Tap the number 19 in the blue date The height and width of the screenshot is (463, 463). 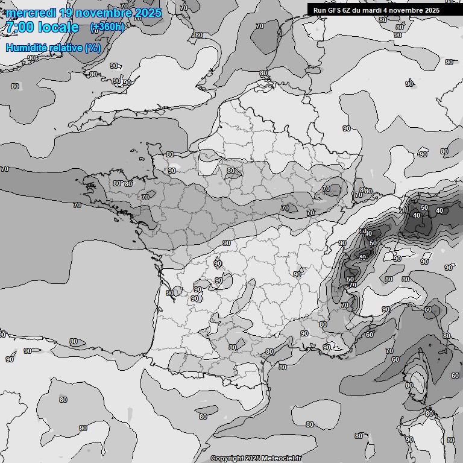tap(68, 13)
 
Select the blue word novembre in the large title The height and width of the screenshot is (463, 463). tap(106, 13)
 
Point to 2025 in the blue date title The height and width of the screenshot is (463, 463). tap(147, 13)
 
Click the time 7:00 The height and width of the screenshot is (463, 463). tap(19, 27)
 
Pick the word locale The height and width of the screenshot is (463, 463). tap(58, 27)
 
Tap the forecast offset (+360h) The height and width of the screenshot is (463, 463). tap(107, 27)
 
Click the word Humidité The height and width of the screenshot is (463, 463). tap(25, 48)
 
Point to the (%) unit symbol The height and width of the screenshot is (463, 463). tap(93, 48)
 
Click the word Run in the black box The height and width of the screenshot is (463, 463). tap(320, 10)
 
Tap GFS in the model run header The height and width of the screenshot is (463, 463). tap(335, 10)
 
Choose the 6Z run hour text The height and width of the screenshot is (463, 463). tap(350, 10)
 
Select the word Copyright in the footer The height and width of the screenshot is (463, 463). tap(227, 458)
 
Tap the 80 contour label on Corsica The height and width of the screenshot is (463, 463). tap(409, 385)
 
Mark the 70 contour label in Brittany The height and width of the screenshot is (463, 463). tap(145, 197)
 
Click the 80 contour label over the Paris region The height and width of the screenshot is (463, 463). tap(230, 171)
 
